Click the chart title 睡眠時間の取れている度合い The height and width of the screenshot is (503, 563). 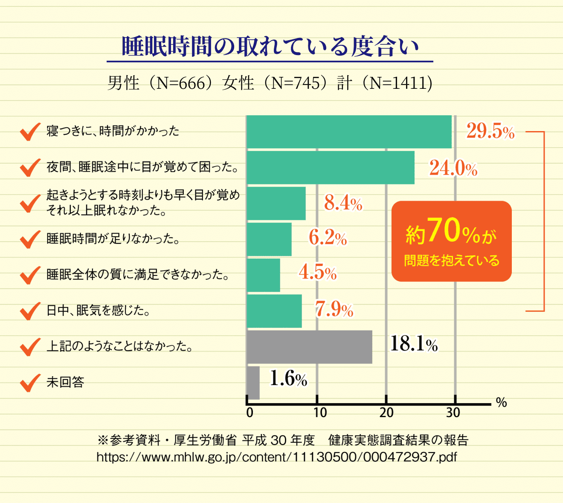coord(270,47)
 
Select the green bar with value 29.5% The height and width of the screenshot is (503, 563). coord(349,132)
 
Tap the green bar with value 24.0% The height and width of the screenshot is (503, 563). coord(331,167)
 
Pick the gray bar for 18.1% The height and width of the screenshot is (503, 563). coord(309,347)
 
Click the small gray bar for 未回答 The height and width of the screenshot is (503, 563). coord(253,383)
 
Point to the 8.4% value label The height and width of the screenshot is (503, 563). coord(343,203)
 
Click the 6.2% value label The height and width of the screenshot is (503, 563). coord(328,238)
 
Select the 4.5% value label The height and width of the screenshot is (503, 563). coord(317,272)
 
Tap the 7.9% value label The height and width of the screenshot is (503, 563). coord(334,309)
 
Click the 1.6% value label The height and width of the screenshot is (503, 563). coord(288,379)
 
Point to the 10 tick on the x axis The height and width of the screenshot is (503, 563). coord(320,412)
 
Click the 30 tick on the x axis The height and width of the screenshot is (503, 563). coord(453,412)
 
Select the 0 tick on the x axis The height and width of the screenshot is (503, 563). coord(250,412)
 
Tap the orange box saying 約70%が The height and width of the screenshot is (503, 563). coord(451,241)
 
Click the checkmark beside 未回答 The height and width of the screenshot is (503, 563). coord(30,382)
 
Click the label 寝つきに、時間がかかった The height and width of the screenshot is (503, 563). coord(113,131)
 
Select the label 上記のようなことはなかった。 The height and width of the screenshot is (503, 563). coord(120,346)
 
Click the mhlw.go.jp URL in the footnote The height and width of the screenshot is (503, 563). coord(276,457)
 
